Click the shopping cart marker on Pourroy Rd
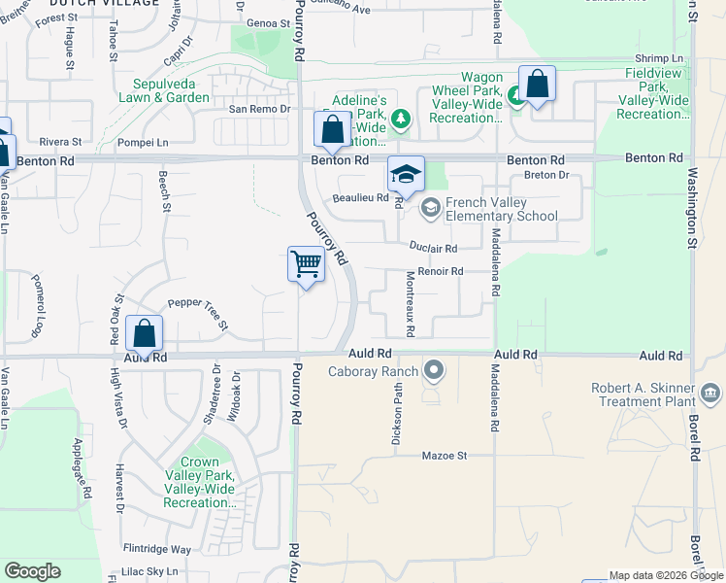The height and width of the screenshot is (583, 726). coord(306,264)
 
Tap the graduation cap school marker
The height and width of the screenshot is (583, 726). coord(406,175)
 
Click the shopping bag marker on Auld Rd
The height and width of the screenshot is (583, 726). coord(144,334)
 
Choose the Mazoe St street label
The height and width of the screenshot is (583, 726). coord(445,455)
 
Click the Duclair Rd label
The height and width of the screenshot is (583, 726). coord(433,249)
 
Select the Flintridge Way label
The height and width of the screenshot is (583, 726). coord(157,549)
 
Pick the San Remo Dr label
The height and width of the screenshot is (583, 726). coord(259,109)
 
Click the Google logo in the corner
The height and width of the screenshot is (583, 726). coord(32,571)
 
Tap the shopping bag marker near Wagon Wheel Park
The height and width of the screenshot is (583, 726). coord(537,85)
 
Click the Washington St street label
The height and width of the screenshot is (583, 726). coord(692,210)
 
